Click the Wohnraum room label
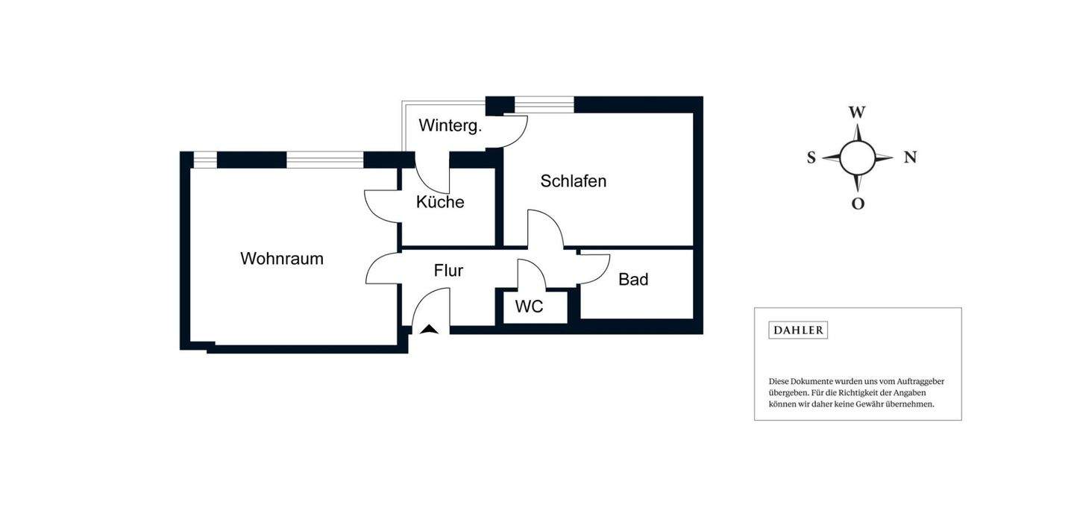tap(282, 259)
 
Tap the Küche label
tap(440, 202)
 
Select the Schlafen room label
tap(573, 181)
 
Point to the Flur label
tap(448, 271)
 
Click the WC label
tap(529, 307)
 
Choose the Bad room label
tap(633, 280)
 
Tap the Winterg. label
tap(450, 125)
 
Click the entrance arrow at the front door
tap(429, 328)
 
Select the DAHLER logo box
tap(798, 330)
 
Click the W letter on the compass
tap(857, 113)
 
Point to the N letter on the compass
tap(910, 157)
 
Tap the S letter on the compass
tap(811, 158)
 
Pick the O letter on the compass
tap(858, 204)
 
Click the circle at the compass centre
tap(858, 157)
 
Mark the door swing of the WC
tap(530, 275)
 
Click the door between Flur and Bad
tap(594, 269)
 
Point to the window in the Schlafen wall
tap(544, 105)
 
